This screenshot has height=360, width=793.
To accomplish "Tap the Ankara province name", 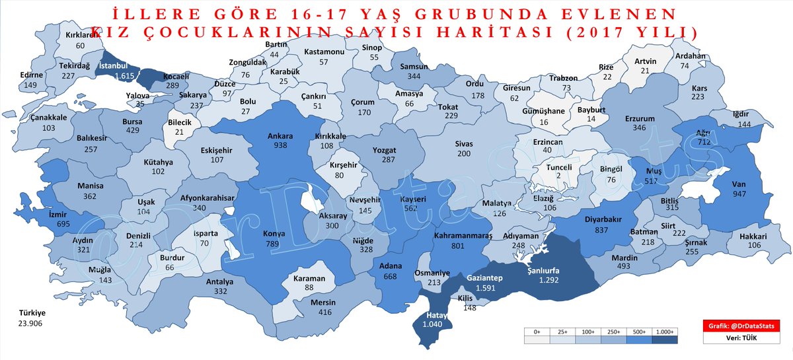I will pos(280,136).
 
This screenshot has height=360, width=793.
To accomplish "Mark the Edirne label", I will pos(31,75).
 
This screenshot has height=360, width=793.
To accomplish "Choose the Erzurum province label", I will pos(638,119).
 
